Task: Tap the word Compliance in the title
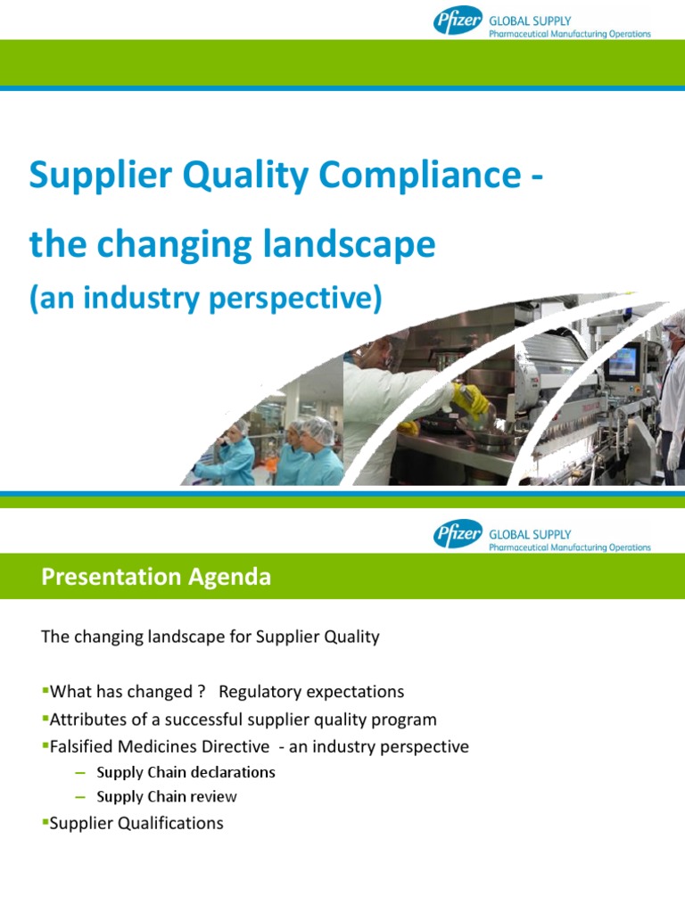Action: click(x=420, y=176)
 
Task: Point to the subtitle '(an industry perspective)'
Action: click(x=205, y=300)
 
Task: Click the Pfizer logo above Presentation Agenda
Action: click(x=458, y=534)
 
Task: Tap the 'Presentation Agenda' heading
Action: click(x=156, y=577)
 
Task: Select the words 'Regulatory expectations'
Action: click(x=311, y=692)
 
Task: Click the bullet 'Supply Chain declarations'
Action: click(x=186, y=772)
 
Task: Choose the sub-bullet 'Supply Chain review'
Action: click(x=166, y=796)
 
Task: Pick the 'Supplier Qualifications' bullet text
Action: click(x=136, y=823)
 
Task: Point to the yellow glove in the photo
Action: click(x=470, y=399)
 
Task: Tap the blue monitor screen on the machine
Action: click(x=621, y=361)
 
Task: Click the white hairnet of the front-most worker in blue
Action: click(x=318, y=429)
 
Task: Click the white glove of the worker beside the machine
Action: click(x=673, y=456)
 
